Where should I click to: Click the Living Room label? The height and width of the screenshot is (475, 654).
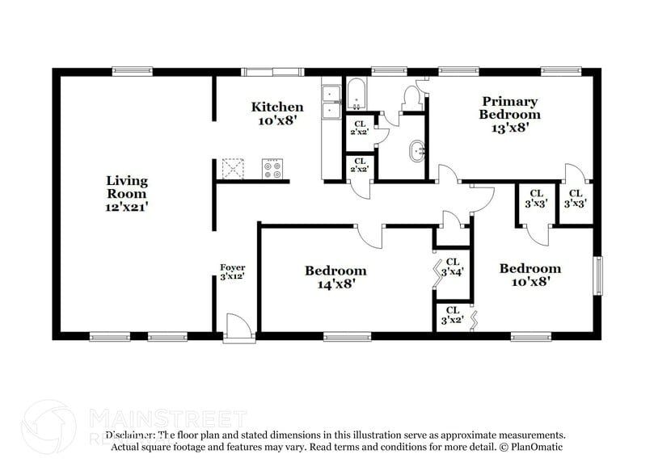[x=127, y=193]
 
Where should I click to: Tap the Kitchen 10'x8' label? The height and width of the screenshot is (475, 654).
[x=277, y=113]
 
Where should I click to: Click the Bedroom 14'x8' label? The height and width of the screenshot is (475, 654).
[x=335, y=276]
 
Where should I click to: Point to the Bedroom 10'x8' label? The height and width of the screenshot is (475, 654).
[x=530, y=275]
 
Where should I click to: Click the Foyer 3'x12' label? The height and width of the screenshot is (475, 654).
[x=233, y=272]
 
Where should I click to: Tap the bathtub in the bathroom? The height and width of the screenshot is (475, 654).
[x=357, y=95]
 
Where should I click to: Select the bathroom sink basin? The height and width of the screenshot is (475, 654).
[x=417, y=150]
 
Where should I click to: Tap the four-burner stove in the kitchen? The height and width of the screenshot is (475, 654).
[x=272, y=168]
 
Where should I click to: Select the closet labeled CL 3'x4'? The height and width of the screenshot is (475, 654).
[x=451, y=267]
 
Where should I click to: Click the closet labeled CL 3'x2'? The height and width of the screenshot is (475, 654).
[x=451, y=315]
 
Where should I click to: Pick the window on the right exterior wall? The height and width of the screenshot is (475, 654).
[x=598, y=276]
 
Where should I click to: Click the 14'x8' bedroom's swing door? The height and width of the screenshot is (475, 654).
[x=370, y=236]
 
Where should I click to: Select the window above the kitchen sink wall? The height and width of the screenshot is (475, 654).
[x=272, y=71]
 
